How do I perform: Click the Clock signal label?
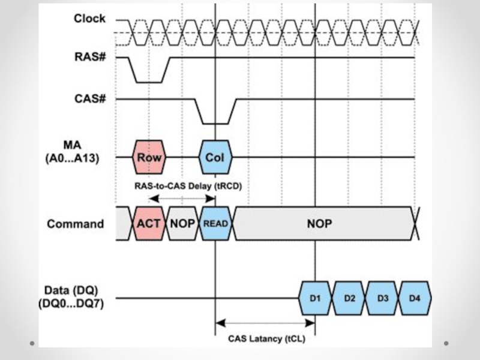coord(89,19)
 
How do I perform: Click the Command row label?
coord(76,224)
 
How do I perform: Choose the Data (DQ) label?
coord(76,298)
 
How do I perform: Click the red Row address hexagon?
coord(149,157)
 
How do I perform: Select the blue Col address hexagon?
coord(215,157)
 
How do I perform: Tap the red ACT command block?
coord(148,224)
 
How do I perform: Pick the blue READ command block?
coord(215,224)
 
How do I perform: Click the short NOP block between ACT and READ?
coord(182,224)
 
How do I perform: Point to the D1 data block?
coord(315,298)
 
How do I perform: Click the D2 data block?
coord(349,298)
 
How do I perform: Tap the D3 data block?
coord(382,298)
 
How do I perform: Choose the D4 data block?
coord(415,298)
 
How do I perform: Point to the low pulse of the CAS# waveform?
coord(215,123)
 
